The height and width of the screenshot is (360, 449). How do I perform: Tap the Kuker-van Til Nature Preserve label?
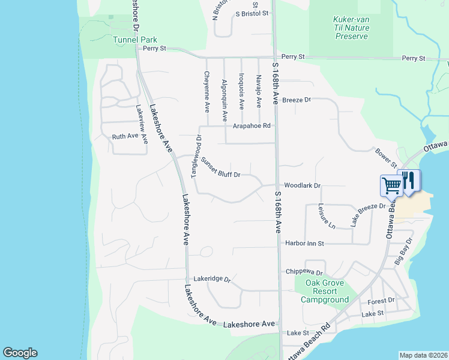(351, 28)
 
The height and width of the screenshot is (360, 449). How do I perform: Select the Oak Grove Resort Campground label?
(325, 292)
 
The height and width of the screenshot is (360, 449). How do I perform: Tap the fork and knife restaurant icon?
(409, 181)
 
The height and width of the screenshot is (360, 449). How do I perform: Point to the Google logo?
(20, 353)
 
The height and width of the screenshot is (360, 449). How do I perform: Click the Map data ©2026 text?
(423, 355)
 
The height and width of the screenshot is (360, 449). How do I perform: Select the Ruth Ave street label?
(125, 137)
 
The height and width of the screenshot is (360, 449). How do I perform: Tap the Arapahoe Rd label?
(252, 126)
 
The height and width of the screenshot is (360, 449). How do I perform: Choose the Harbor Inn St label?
(304, 244)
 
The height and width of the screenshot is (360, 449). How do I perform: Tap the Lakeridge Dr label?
(212, 280)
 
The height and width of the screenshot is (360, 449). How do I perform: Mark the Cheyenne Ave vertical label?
(207, 92)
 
